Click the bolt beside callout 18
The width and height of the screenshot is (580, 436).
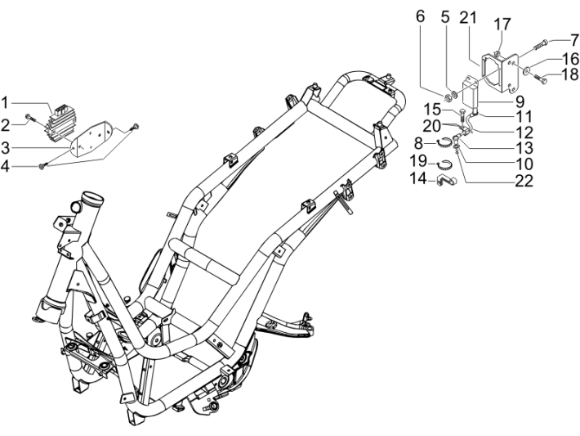pyautogui.click(x=540, y=78)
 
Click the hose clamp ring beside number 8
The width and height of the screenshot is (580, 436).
pyautogui.click(x=441, y=141)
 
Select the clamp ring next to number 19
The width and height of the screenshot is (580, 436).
pyautogui.click(x=442, y=160)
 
